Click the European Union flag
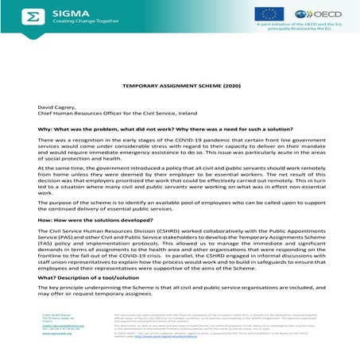(x=268, y=14)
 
